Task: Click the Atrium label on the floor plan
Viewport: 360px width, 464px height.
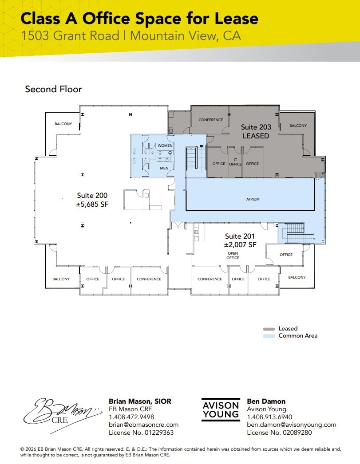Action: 253,199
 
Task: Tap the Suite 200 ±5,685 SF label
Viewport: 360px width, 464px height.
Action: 92,200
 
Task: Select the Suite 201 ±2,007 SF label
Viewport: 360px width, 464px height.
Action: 240,240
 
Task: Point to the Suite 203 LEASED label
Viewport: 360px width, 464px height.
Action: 256,131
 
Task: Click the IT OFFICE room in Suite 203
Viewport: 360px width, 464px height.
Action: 235,162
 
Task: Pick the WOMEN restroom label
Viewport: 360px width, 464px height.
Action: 165,145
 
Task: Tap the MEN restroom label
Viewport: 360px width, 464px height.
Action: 164,168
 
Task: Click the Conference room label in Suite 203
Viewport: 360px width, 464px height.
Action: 211,120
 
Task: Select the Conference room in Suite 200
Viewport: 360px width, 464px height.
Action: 149,279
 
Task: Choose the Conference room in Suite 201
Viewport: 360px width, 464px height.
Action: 210,279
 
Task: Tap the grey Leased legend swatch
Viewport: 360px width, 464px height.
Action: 269,329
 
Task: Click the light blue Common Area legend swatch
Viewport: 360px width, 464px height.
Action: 269,336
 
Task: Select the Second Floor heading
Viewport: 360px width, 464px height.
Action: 53,89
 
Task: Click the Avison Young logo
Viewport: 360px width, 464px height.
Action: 221,409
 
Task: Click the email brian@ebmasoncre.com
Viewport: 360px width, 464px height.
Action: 143,425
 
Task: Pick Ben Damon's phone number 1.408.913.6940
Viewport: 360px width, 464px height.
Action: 269,417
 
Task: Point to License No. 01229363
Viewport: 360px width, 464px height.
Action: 141,433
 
